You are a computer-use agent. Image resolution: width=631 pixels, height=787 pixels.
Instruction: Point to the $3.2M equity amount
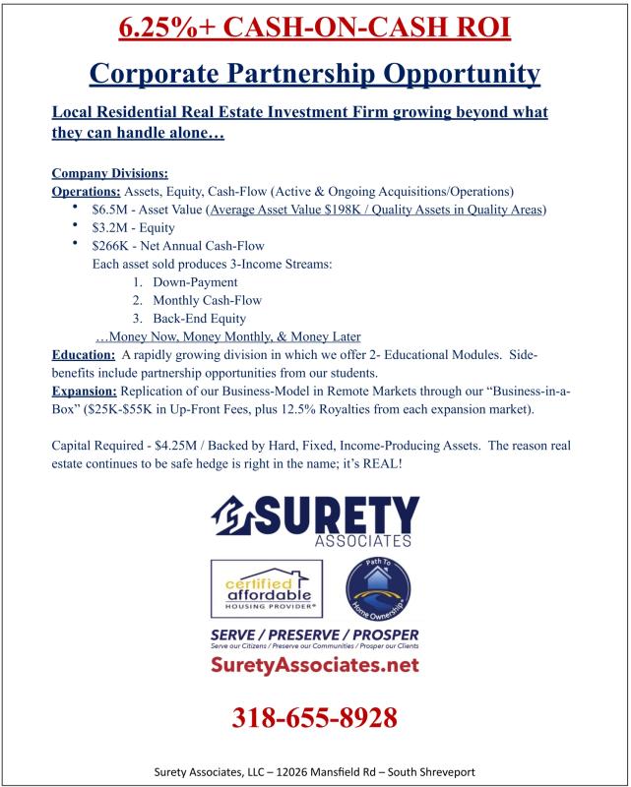point(110,227)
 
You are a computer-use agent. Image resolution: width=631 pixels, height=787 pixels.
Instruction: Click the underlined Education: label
point(83,355)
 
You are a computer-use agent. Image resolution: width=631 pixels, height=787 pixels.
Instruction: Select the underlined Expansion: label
point(85,392)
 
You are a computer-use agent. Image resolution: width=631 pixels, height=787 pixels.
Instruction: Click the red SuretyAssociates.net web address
point(314,666)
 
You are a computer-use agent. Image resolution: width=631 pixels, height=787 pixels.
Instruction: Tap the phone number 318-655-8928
point(314,717)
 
